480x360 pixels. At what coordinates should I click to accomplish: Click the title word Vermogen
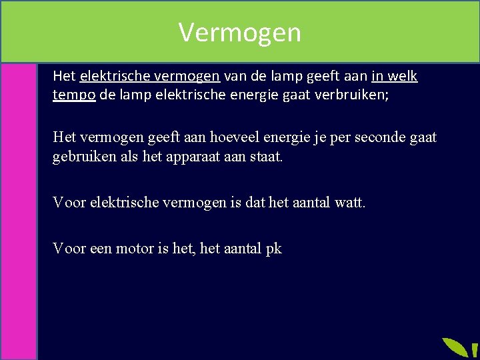click(240, 32)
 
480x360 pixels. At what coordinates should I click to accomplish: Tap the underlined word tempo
click(74, 95)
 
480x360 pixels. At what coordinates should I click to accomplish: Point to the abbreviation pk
click(273, 249)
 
